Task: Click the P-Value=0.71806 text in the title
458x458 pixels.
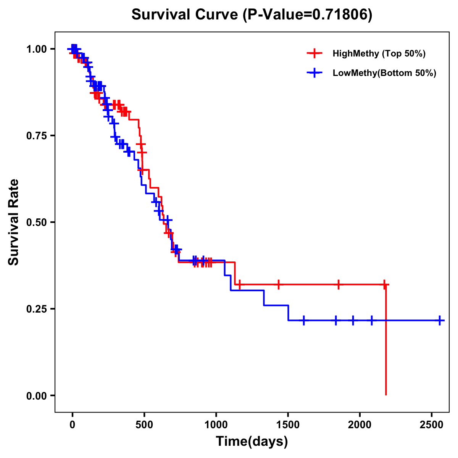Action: [x=308, y=15]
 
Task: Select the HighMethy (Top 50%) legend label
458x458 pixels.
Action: [x=379, y=53]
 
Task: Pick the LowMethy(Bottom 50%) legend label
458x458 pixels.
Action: [x=384, y=73]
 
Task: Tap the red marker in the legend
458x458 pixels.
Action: [x=314, y=53]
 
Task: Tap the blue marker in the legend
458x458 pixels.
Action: [x=314, y=73]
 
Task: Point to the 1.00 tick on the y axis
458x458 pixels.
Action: [x=37, y=49]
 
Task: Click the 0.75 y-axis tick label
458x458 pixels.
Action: [x=37, y=135]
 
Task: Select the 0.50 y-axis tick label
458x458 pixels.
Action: [x=37, y=222]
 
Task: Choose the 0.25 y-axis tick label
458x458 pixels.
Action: [x=37, y=309]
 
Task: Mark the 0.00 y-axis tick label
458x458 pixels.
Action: [x=37, y=395]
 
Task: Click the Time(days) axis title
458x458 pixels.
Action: [x=252, y=442]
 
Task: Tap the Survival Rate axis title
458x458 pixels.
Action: [x=14, y=222]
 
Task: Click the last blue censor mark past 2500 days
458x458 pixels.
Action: [x=440, y=320]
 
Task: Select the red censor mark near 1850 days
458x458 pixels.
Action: [x=338, y=284]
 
